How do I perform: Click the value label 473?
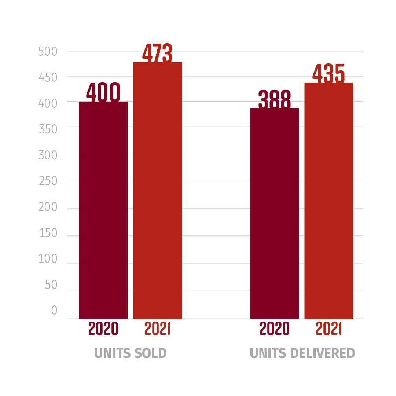point(157,53)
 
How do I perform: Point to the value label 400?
point(103,92)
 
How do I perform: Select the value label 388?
point(275,99)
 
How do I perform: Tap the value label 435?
point(329,74)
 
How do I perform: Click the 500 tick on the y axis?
point(48,52)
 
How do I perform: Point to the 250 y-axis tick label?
point(48,181)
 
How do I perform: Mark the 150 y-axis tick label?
point(48,233)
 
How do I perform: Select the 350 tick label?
point(48,129)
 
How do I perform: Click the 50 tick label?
point(51,285)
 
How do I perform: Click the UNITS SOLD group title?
point(131,353)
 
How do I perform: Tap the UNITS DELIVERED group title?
point(302,353)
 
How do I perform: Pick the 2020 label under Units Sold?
point(103,329)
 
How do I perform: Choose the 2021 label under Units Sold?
point(158,329)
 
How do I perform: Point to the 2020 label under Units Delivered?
point(275,329)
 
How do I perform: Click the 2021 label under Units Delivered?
point(329,329)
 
